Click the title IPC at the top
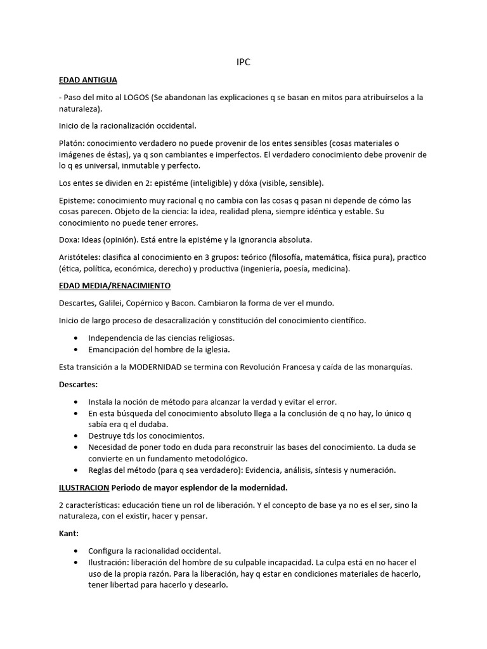(243, 63)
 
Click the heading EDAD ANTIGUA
(88, 80)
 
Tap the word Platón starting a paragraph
(72, 143)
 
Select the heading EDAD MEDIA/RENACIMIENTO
(114, 286)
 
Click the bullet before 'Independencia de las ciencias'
(77, 338)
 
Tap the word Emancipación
(115, 349)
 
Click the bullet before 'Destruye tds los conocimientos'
(77, 436)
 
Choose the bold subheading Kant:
(68, 534)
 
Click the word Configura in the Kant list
(108, 551)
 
